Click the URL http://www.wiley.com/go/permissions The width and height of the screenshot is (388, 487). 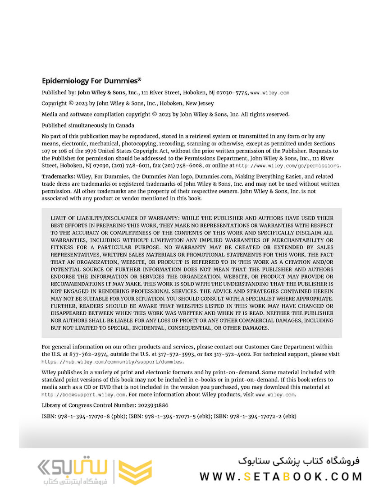(x=288, y=165)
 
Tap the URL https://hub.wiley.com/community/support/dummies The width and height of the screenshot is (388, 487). (x=112, y=362)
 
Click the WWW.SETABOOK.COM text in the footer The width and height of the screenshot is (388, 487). (x=281, y=476)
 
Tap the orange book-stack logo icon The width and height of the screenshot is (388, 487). (x=135, y=472)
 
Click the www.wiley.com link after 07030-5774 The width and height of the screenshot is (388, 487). (x=270, y=92)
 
